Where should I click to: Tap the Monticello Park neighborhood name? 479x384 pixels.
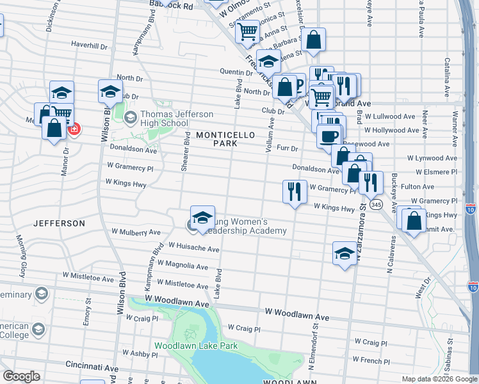(225, 139)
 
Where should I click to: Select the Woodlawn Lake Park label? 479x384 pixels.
(196, 346)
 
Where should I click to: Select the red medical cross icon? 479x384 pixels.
(74, 129)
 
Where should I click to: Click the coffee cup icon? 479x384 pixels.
(329, 136)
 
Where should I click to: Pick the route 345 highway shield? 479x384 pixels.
(377, 205)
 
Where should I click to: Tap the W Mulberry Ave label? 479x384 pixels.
(136, 232)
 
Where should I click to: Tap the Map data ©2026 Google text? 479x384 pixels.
(439, 379)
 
